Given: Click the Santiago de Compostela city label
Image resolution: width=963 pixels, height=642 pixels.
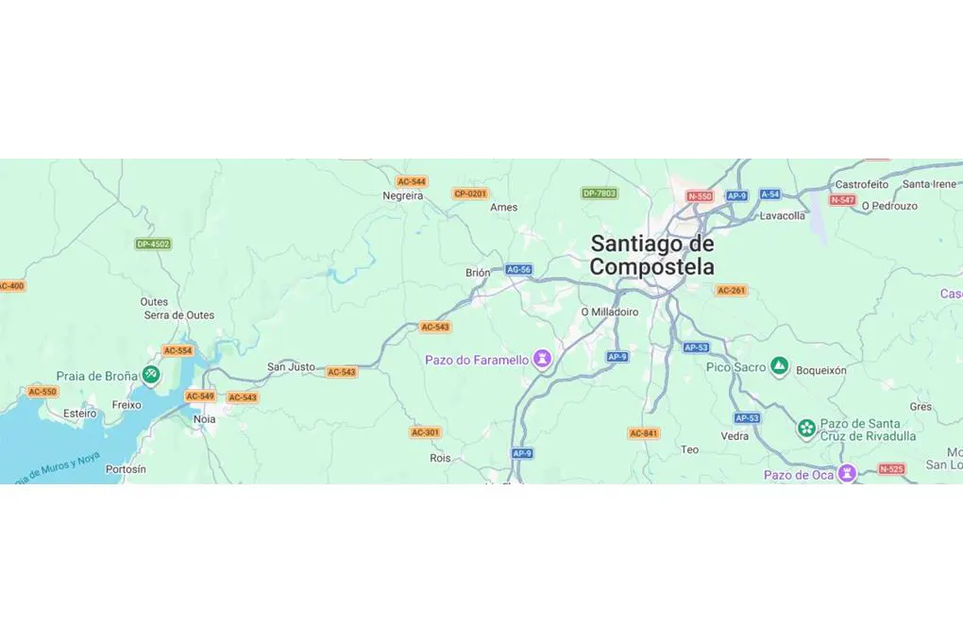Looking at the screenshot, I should coord(651,255).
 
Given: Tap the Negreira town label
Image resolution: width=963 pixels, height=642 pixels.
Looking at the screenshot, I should coord(402,195).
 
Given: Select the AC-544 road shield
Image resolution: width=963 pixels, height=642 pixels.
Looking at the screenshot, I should coord(412,181).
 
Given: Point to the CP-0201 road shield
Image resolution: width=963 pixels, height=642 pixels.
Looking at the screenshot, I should coord(470,194).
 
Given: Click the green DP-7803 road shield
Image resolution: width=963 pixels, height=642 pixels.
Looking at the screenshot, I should coord(600,194).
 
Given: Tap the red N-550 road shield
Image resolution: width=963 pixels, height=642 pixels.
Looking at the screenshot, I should coord(700,196).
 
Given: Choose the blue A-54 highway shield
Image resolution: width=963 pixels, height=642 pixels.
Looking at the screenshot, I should coord(769,194).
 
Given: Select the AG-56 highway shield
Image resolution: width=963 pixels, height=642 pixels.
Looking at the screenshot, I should coord(518,269).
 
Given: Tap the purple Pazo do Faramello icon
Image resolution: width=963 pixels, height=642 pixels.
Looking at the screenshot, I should coord(542,359).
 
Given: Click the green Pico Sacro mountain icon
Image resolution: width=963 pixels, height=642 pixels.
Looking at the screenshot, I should coord(779,365).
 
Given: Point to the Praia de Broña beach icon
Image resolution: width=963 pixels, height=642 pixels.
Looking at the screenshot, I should coord(151,375).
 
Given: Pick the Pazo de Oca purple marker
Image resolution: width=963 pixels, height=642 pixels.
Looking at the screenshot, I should coord(848,473).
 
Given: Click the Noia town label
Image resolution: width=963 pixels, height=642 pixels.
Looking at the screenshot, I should coord(204,419).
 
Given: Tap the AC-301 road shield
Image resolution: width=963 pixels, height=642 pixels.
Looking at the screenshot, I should coord(425,432).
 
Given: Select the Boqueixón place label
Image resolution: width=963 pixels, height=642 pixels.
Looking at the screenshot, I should coord(821,371).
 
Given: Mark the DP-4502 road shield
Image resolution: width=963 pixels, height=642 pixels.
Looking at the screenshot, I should coord(153,244).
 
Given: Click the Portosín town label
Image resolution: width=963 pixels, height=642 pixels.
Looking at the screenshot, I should coord(126,469).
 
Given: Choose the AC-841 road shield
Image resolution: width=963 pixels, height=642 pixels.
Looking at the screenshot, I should coord(643,433).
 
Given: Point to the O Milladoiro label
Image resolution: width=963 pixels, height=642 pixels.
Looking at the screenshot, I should coord(609,312).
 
